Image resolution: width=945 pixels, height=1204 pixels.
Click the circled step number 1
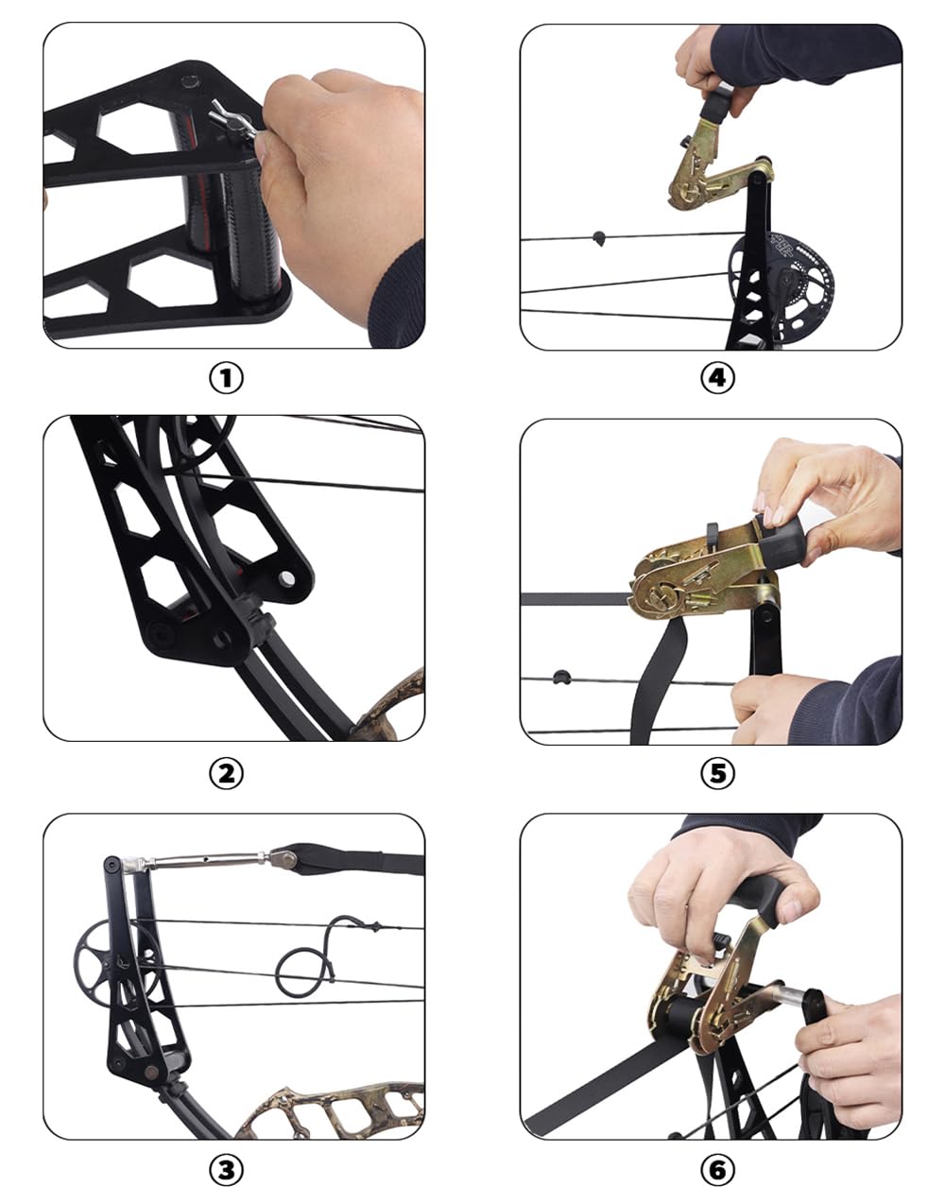pyautogui.click(x=226, y=378)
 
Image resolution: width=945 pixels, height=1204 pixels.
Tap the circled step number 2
pyautogui.click(x=226, y=773)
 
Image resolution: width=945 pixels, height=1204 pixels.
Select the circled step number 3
pyautogui.click(x=226, y=1170)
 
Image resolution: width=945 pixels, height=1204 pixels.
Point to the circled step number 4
pyautogui.click(x=717, y=378)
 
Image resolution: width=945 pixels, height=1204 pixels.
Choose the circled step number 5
pyautogui.click(x=717, y=773)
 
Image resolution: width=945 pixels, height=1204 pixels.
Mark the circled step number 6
pyautogui.click(x=717, y=1170)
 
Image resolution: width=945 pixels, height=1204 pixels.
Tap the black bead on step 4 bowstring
pyautogui.click(x=597, y=236)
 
